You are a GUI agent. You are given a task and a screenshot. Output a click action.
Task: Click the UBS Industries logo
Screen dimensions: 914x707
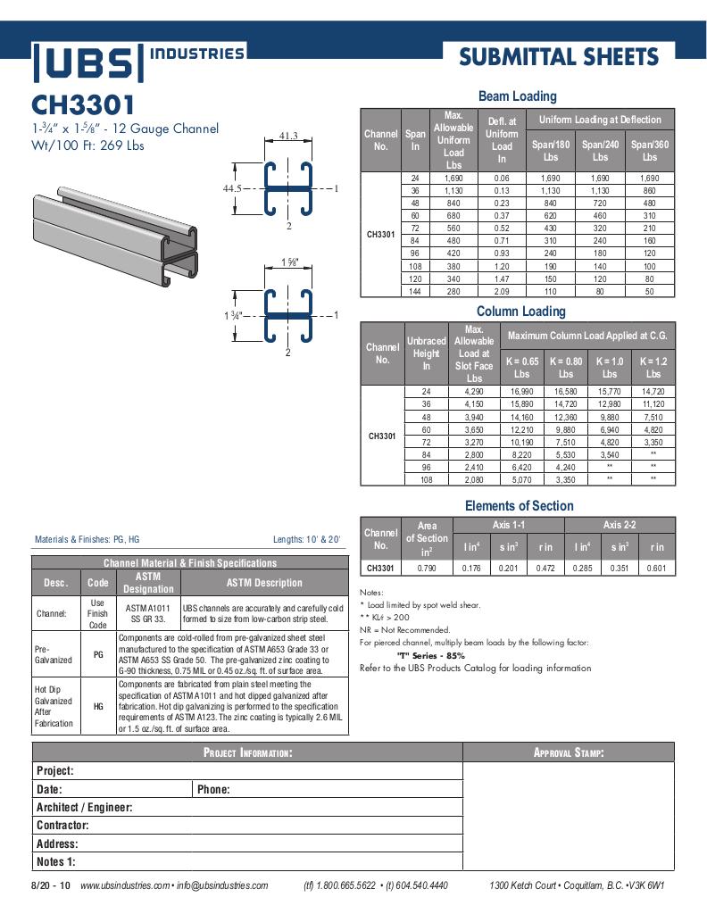tap(138, 61)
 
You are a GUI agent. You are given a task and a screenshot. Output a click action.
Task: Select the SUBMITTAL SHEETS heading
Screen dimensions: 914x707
tap(559, 58)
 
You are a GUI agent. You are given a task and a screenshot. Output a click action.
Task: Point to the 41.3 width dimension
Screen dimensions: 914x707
tap(287, 136)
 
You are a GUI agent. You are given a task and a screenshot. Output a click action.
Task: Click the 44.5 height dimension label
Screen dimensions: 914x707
tap(232, 189)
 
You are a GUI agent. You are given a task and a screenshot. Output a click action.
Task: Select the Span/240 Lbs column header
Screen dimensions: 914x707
tap(600, 150)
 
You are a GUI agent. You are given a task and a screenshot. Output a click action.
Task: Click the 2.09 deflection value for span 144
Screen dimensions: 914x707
tap(502, 291)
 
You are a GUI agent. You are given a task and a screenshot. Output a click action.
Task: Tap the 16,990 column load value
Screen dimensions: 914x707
tap(522, 391)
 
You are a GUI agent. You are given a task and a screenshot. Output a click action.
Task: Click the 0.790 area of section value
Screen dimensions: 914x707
tap(427, 568)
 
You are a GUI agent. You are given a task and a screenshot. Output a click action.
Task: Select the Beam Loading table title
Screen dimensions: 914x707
tap(517, 96)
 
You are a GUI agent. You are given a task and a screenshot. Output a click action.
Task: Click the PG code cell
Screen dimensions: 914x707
tap(97, 654)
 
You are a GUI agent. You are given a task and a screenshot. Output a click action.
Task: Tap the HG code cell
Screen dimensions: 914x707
tap(97, 706)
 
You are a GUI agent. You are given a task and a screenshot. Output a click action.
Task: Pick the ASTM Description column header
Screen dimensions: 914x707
tap(264, 583)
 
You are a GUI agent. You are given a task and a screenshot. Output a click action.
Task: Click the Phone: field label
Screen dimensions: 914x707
tap(214, 789)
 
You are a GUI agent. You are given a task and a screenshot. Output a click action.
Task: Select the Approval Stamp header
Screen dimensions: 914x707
tap(569, 752)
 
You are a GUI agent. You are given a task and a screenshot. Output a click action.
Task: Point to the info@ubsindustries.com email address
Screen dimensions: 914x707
tap(222, 885)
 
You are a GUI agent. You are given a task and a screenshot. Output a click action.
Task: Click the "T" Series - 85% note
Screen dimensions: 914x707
tap(430, 655)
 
